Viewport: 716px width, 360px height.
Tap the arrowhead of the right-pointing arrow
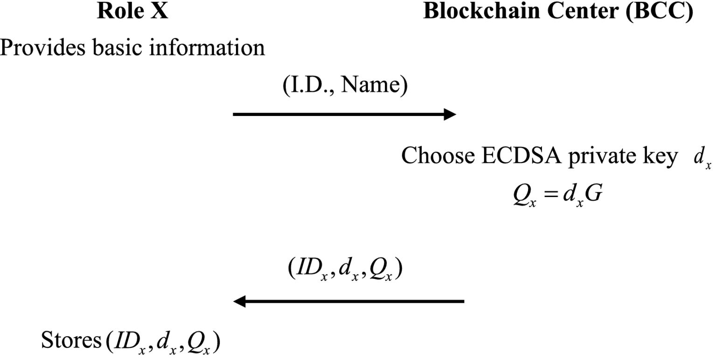[450, 114]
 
